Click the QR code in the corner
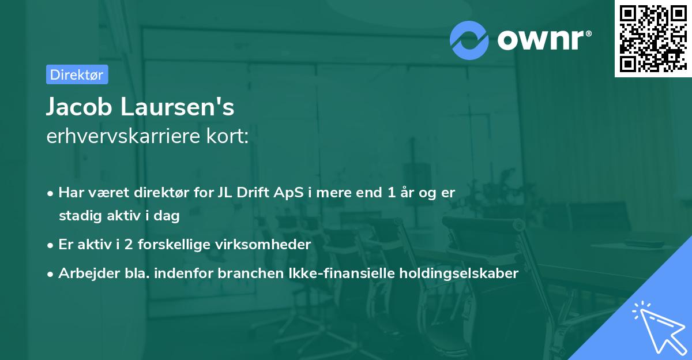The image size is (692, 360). [653, 38]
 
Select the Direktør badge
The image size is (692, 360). [77, 74]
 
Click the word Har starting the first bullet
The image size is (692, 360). [70, 193]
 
